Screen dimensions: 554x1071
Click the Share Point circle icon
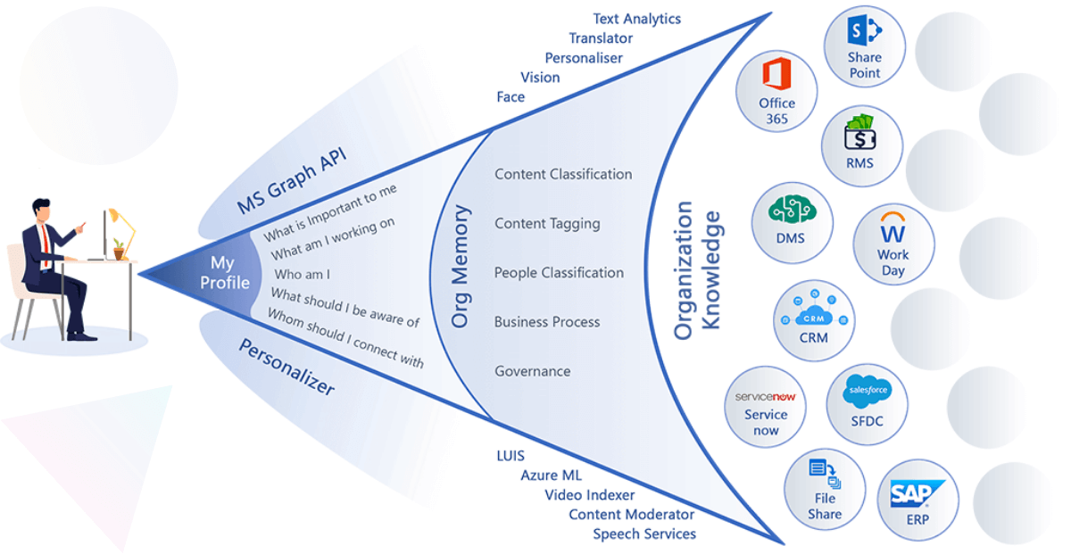coord(864,46)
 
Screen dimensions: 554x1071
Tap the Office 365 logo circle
coord(777,90)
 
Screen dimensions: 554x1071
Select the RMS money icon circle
coord(861,145)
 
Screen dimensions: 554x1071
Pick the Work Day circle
coord(893,246)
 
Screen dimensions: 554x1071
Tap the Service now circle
coord(766,405)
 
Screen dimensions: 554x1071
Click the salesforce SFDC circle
coord(867,404)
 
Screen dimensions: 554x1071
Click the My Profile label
coord(224,273)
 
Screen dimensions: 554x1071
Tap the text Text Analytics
coord(636,19)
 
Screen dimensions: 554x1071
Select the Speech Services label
coord(644,533)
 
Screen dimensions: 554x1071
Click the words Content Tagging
coord(547,224)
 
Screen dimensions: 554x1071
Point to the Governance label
coord(532,371)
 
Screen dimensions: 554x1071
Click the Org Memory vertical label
coord(461,268)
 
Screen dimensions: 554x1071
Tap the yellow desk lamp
coord(122,228)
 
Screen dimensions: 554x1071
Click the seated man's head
coord(42,211)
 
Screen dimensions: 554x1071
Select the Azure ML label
coord(551,475)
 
